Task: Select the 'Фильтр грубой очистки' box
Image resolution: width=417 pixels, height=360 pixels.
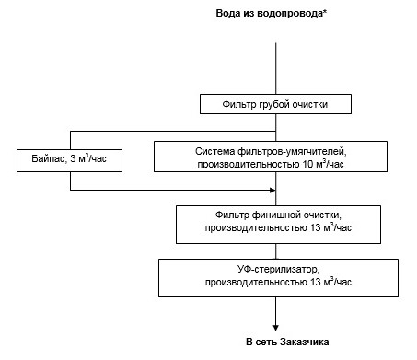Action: [275, 103]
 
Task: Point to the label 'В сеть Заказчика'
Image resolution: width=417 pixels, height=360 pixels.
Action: [275, 343]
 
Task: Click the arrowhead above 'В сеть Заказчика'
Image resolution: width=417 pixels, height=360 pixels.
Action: [275, 328]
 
